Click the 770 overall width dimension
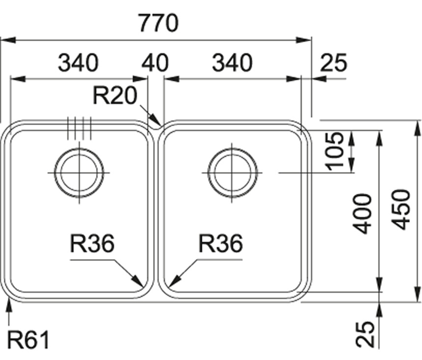tap(158, 23)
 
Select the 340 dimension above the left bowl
tap(79, 63)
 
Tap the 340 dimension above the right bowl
tap(232, 63)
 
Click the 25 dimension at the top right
tap(333, 63)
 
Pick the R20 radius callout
tap(115, 96)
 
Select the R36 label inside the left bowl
tap(92, 243)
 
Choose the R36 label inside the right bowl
tap(221, 243)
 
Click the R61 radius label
tap(28, 340)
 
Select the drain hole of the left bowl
tap(79, 173)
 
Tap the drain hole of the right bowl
tap(233, 173)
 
